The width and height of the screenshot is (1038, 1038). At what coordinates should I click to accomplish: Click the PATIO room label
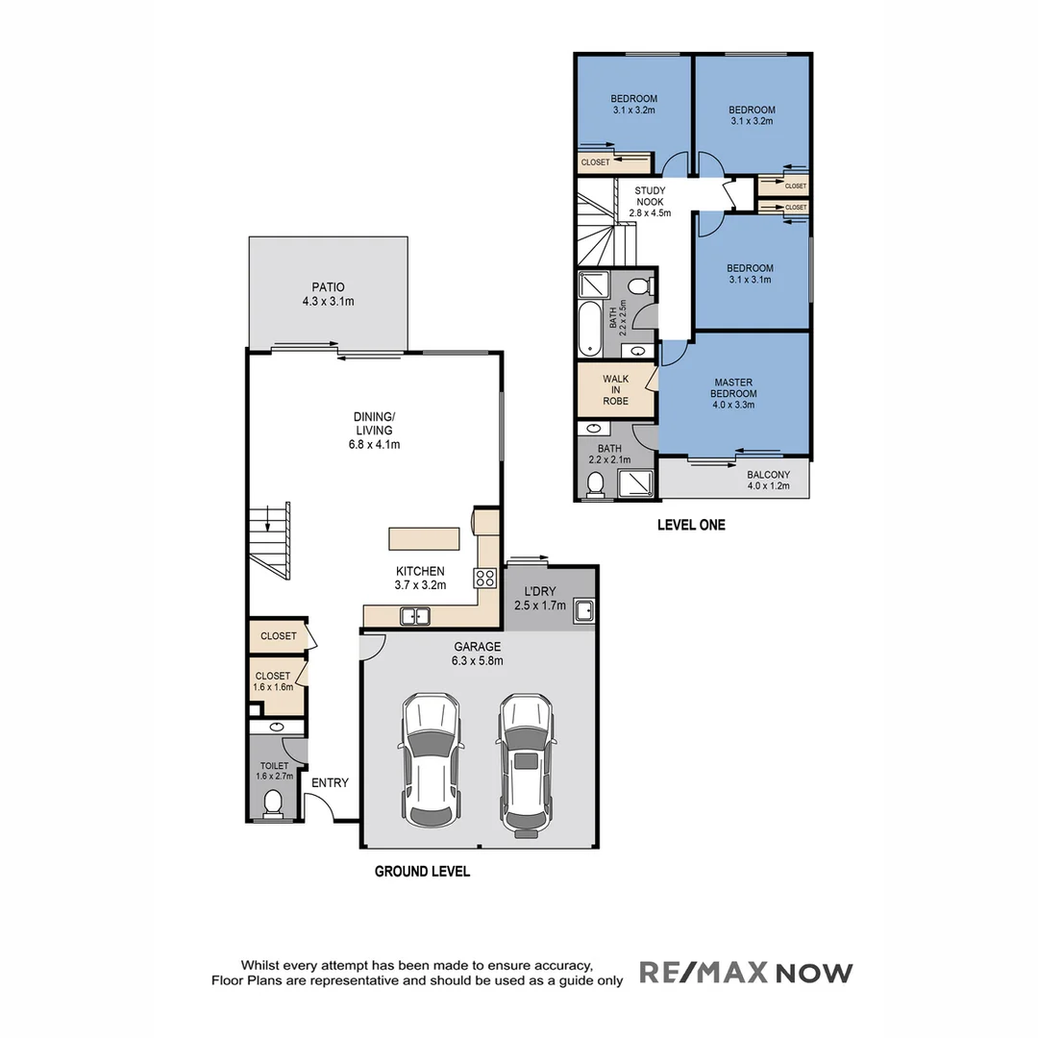click(x=328, y=286)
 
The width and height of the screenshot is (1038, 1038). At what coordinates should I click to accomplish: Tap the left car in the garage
click(x=431, y=760)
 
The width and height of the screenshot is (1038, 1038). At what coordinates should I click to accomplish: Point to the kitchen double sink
click(x=415, y=616)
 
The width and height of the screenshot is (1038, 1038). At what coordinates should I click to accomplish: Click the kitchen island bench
click(x=424, y=537)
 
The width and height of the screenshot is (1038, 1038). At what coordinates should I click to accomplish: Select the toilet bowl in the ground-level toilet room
click(x=273, y=802)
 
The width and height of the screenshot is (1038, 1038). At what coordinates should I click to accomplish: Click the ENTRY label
click(x=330, y=783)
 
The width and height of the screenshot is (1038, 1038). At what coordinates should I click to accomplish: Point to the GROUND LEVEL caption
click(x=422, y=872)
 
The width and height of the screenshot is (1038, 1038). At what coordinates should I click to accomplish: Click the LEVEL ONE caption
click(x=691, y=525)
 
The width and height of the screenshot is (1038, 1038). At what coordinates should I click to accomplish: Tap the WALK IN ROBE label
click(x=616, y=389)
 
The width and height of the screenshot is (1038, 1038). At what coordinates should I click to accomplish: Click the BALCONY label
click(x=768, y=475)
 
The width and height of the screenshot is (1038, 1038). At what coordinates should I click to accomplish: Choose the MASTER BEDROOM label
click(x=733, y=388)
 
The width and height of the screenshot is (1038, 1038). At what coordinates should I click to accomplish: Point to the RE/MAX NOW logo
click(x=746, y=973)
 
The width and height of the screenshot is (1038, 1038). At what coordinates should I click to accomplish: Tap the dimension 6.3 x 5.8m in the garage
click(x=478, y=661)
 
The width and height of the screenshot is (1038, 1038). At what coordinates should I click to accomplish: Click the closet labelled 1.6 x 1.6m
click(x=273, y=681)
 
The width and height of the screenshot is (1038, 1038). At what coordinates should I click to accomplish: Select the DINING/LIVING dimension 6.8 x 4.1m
click(x=374, y=444)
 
